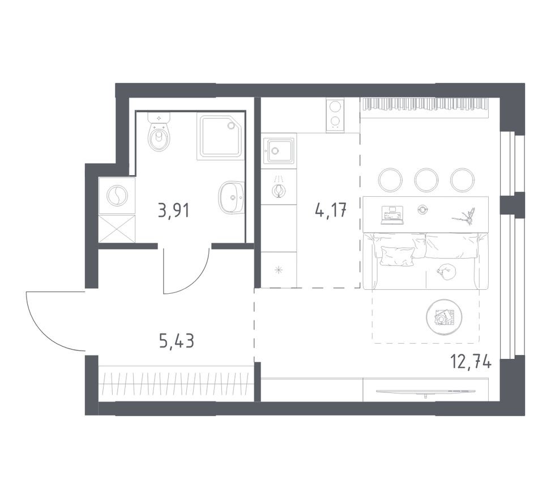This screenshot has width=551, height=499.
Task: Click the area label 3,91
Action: click(x=174, y=211)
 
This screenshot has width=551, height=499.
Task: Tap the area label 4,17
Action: click(x=331, y=210)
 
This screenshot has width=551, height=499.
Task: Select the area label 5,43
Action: click(x=177, y=340)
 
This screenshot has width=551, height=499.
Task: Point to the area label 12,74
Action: click(x=471, y=361)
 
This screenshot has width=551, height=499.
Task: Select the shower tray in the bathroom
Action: click(x=221, y=136)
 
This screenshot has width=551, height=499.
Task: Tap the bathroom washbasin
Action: click(x=232, y=197)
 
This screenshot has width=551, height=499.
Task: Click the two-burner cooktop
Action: click(x=335, y=115)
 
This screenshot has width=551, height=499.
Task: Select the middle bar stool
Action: click(x=426, y=180)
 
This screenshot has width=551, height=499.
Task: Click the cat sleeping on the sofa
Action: click(x=446, y=272)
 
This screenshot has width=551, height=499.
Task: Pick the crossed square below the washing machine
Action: click(x=117, y=229)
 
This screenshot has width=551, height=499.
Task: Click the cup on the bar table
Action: click(x=422, y=209)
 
